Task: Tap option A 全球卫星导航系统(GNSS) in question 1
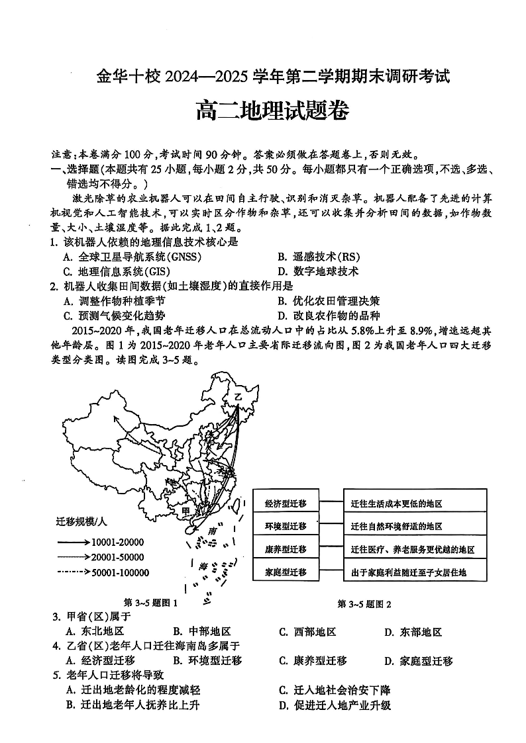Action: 132,257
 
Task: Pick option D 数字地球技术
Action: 318,271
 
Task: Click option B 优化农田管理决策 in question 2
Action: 329,301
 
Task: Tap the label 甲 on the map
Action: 186,511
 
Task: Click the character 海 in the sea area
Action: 203,566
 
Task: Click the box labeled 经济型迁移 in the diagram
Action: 285,503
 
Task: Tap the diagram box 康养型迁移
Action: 285,549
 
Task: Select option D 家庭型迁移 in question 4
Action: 419,660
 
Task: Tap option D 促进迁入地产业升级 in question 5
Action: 335,705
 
